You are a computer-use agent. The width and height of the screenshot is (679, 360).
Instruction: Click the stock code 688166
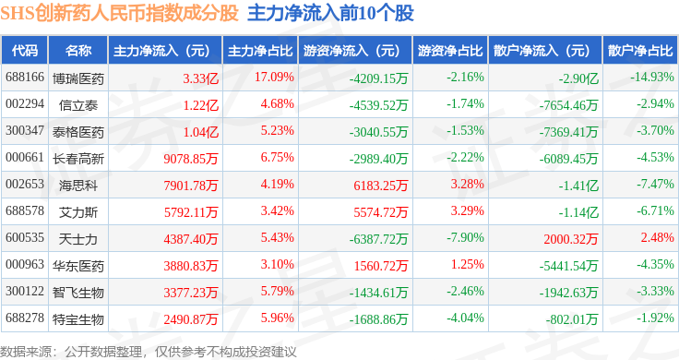(x=25, y=78)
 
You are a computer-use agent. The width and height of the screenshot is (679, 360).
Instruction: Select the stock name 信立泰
(x=78, y=105)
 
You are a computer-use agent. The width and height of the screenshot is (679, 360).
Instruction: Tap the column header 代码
(x=25, y=51)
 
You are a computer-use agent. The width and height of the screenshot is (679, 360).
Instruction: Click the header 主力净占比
(x=260, y=51)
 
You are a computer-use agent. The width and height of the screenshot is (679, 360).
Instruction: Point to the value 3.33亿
(x=200, y=78)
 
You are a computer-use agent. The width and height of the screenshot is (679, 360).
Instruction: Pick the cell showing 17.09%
(x=274, y=78)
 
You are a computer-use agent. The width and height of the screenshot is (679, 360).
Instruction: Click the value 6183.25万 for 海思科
(x=381, y=186)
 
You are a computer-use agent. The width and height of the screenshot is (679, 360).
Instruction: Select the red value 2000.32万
(x=571, y=239)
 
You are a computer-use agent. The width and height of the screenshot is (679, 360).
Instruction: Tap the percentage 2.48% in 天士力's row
(x=658, y=237)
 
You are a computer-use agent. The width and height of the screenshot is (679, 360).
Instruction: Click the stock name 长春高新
(x=78, y=159)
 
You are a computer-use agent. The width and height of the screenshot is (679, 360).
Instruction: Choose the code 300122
(x=25, y=291)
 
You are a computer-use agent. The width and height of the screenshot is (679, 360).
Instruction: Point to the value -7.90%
(x=465, y=237)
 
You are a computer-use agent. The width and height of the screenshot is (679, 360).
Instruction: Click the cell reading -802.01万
(x=572, y=319)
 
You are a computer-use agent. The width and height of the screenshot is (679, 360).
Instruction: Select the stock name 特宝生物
(x=78, y=319)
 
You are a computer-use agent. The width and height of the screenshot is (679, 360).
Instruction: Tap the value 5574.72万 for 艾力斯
(x=381, y=211)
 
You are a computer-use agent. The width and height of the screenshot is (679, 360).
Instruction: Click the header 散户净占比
(x=640, y=51)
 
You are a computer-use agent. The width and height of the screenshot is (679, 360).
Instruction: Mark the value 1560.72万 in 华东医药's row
(x=381, y=266)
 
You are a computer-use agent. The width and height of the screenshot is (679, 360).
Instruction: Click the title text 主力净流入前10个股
(x=330, y=13)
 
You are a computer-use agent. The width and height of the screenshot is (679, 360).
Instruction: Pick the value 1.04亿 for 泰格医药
(x=200, y=132)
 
